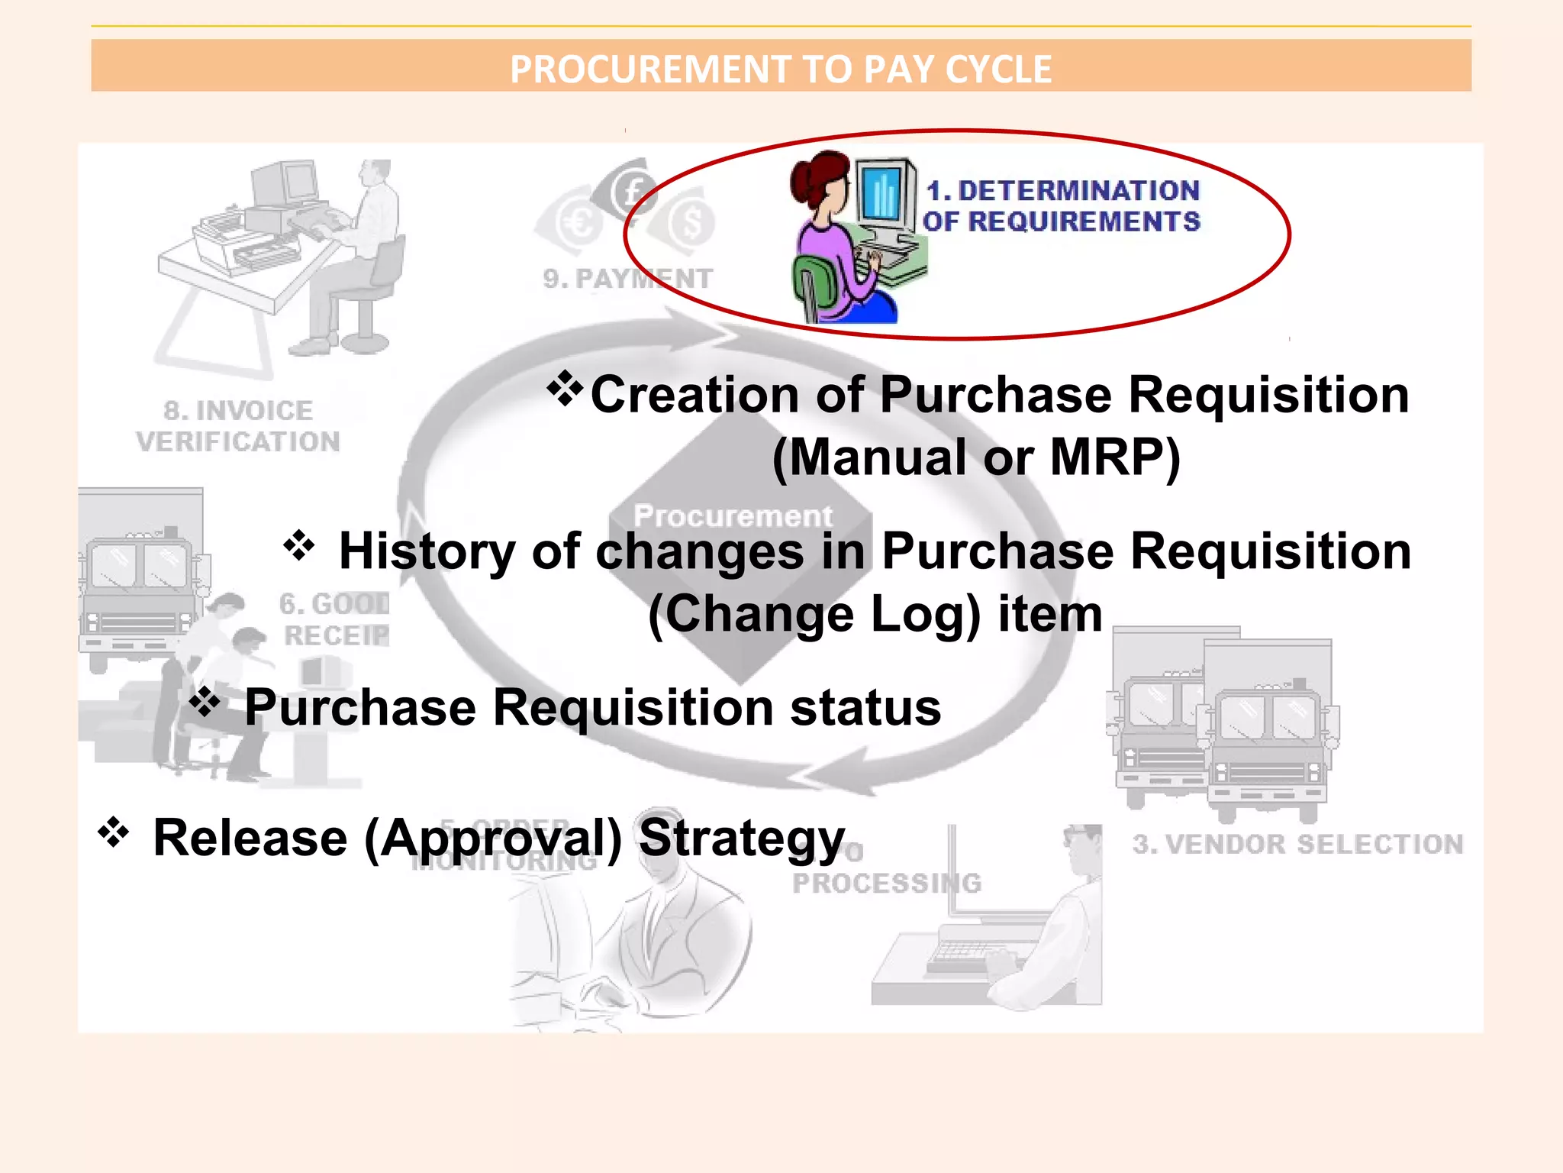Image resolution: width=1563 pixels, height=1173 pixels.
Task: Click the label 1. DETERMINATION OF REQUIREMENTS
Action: pyautogui.click(x=1062, y=206)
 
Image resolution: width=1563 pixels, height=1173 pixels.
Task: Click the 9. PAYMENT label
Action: pyautogui.click(x=627, y=279)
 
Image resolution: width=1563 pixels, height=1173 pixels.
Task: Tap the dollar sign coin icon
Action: pyautogui.click(x=692, y=222)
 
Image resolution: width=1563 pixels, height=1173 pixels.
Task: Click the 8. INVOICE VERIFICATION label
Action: pyautogui.click(x=238, y=426)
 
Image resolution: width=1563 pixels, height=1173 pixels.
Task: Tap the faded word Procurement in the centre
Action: pyautogui.click(x=733, y=516)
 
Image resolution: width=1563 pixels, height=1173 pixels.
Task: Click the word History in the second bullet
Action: pyautogui.click(x=427, y=551)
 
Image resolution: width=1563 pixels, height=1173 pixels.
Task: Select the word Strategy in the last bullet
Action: pyautogui.click(x=741, y=839)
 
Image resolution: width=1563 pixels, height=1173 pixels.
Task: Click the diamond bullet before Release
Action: pyautogui.click(x=113, y=832)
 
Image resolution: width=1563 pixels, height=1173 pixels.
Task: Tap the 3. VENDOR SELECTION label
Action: pyautogui.click(x=1297, y=844)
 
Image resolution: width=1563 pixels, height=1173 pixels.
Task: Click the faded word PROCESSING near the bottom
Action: pyautogui.click(x=886, y=884)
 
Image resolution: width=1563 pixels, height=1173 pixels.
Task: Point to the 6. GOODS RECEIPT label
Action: pyautogui.click(x=334, y=619)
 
